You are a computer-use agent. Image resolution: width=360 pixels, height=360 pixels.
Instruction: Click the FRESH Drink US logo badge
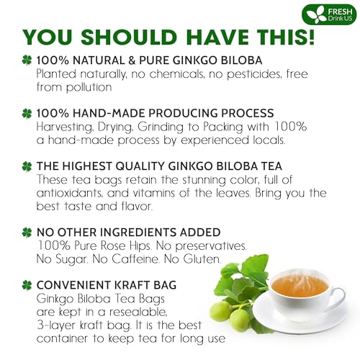click(329, 14)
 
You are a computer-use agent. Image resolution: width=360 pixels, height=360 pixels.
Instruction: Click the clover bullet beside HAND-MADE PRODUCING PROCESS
click(27, 114)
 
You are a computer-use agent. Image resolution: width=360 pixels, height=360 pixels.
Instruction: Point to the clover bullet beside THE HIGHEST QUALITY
click(27, 166)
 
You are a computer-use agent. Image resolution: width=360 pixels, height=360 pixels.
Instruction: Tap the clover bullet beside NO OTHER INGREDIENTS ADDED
click(27, 233)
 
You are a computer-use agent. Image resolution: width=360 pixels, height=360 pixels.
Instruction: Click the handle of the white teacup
click(340, 295)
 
